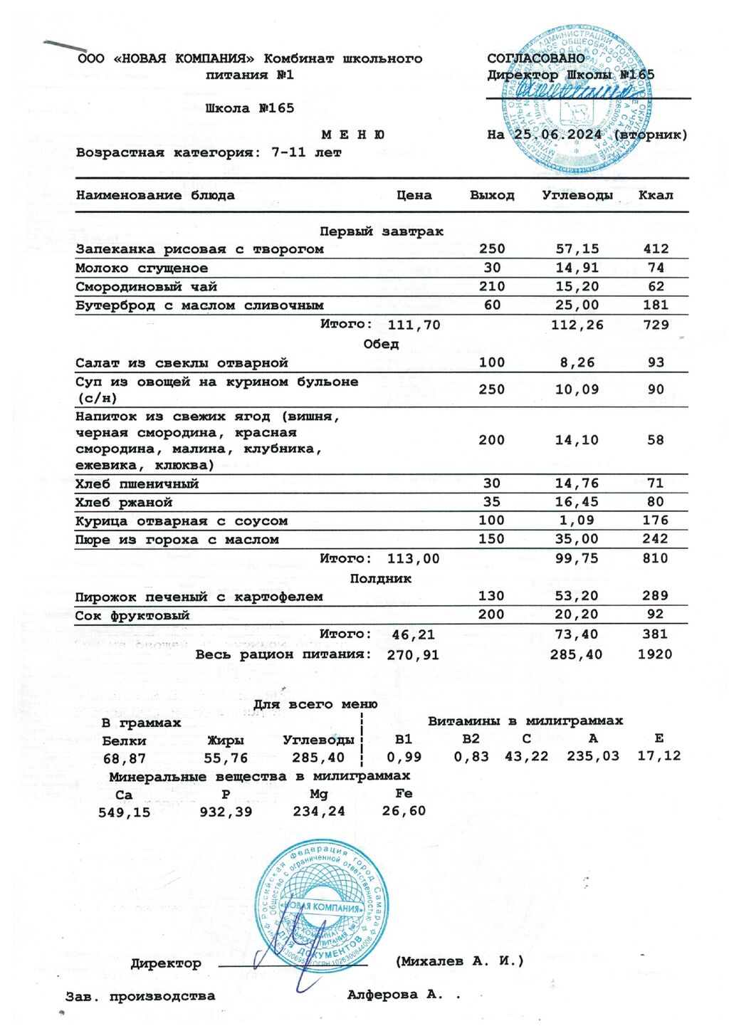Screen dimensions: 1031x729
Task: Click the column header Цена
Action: [x=414, y=195]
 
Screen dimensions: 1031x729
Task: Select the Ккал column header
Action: [x=656, y=195]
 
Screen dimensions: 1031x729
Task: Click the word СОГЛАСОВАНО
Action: [x=536, y=58]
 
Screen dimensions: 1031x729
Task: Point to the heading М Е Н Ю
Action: [x=353, y=135]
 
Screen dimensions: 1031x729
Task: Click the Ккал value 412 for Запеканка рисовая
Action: [x=656, y=249]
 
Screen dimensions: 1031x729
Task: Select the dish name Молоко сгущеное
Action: [x=142, y=268]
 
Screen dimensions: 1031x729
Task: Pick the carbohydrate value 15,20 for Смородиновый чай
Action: [x=577, y=287]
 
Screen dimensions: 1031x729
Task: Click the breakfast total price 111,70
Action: [x=414, y=325]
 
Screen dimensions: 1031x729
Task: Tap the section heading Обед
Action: [x=381, y=345]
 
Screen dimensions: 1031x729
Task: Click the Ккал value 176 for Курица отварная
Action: [x=655, y=520]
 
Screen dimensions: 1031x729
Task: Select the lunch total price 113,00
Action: [x=413, y=559]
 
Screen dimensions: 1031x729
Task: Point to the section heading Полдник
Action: [x=381, y=579]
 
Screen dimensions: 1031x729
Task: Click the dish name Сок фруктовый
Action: [x=132, y=615]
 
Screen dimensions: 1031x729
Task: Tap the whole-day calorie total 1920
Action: [x=655, y=654]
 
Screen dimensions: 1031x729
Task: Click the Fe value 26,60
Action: [x=404, y=811]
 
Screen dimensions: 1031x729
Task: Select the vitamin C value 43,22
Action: [x=527, y=756]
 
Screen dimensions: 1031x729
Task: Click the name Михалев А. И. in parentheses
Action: [x=459, y=961]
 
